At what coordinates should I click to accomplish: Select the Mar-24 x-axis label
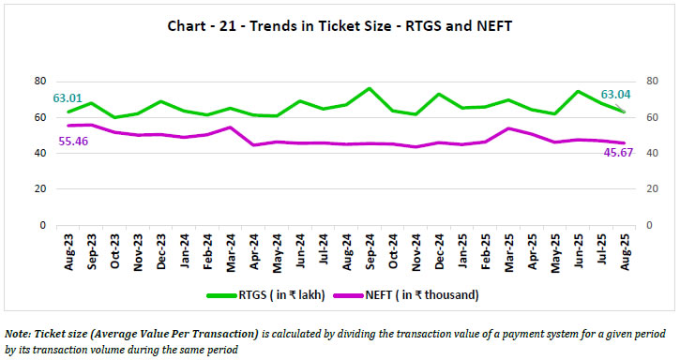click(x=230, y=248)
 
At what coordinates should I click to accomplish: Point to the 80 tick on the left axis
click(x=40, y=81)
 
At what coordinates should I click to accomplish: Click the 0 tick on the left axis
click(x=43, y=226)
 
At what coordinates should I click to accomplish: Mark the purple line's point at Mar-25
click(x=506, y=128)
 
